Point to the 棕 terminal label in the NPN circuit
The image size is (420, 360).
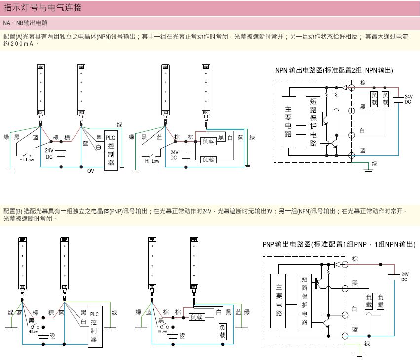pos(363,83)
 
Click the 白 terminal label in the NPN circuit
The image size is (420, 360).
pos(362,130)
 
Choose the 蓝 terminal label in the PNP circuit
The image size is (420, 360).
pos(355,328)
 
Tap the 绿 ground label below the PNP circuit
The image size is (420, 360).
pos(367,343)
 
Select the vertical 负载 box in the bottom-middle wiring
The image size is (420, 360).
pos(222,331)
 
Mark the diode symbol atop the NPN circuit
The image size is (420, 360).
pos(344,88)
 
